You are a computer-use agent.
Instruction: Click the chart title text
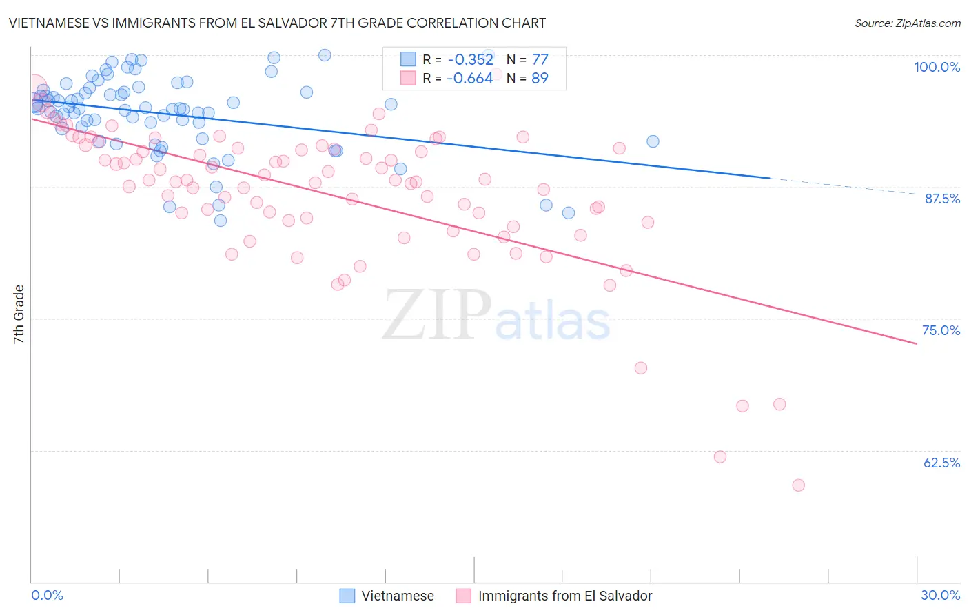click(277, 23)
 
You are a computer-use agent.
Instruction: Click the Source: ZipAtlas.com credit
click(907, 23)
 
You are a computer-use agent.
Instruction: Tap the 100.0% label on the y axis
click(937, 67)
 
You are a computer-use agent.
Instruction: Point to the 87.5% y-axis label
click(941, 199)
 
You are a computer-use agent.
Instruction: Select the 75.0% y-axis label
click(941, 330)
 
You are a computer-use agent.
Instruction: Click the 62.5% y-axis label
click(941, 463)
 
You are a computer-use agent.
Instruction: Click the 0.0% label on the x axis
click(47, 595)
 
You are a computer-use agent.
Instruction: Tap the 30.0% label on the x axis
click(940, 595)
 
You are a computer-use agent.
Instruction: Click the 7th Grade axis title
click(19, 314)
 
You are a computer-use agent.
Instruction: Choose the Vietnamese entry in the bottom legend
click(398, 596)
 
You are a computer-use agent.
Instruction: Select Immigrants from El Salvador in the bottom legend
click(564, 596)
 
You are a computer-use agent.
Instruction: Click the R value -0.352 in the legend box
click(470, 59)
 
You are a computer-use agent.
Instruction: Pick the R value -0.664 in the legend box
click(470, 78)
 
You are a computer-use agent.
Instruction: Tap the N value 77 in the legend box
click(540, 59)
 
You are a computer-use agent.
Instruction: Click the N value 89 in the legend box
click(540, 78)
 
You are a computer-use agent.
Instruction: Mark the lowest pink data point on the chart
click(798, 485)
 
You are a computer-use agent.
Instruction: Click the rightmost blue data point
click(653, 141)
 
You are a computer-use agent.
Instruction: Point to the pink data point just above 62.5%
click(720, 456)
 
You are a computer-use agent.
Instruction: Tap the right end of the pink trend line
click(917, 343)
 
